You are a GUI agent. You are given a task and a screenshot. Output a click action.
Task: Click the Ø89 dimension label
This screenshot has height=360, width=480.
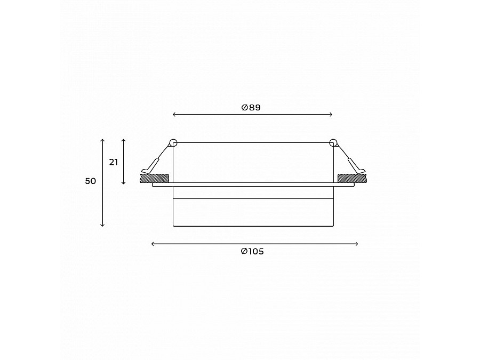point(251,107)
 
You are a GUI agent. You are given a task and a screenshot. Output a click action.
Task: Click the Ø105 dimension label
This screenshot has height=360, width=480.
point(252,252)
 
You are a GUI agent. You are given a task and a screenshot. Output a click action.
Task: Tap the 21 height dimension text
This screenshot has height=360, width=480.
point(113,162)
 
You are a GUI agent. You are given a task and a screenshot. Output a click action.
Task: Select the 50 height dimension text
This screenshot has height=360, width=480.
point(91,181)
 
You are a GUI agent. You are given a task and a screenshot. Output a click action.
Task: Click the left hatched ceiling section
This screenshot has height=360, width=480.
point(154,177)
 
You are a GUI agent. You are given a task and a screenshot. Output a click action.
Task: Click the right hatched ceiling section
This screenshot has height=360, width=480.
point(352,177)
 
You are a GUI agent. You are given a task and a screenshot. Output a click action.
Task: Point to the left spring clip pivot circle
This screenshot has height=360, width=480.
point(173,142)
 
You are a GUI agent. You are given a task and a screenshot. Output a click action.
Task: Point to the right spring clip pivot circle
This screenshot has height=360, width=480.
point(333,142)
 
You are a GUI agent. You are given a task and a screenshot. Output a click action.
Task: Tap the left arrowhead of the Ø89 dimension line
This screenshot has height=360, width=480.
point(175,114)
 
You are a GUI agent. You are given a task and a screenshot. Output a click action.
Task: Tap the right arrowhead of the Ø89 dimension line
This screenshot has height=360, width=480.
point(331,114)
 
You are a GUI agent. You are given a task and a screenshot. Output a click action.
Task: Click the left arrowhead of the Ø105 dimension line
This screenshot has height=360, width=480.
point(153,244)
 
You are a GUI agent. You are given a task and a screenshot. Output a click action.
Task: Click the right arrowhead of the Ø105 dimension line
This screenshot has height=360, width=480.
point(356,244)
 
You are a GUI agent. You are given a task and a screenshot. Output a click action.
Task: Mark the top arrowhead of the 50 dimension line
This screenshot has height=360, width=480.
point(102,140)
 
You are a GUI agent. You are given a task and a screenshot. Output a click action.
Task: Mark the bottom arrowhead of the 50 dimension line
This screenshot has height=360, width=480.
point(102,225)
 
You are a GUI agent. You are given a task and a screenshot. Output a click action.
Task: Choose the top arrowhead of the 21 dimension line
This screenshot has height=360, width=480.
point(124,140)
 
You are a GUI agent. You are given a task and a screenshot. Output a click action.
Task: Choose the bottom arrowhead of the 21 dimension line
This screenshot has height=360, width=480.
point(124,183)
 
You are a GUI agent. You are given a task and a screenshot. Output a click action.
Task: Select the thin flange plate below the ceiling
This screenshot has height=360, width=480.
point(253,185)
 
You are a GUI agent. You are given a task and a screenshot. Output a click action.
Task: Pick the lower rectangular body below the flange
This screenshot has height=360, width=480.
point(253,212)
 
